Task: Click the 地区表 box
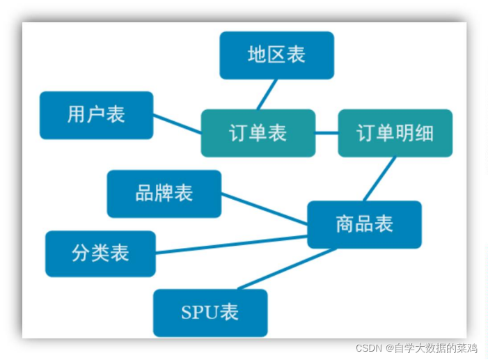pyautogui.click(x=276, y=55)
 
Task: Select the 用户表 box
pyautogui.click(x=96, y=115)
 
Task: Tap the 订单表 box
pyautogui.click(x=258, y=133)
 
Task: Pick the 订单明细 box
pyautogui.click(x=395, y=133)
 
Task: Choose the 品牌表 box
pyautogui.click(x=164, y=194)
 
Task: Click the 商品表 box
pyautogui.click(x=364, y=224)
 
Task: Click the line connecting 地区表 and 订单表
pyautogui.click(x=267, y=94)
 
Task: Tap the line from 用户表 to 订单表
pyautogui.click(x=177, y=124)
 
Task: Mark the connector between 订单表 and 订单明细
pyautogui.click(x=326, y=132)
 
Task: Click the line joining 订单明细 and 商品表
pyautogui.click(x=379, y=179)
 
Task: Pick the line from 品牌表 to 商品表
pyautogui.click(x=265, y=210)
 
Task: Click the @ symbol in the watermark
pyautogui.click(x=391, y=347)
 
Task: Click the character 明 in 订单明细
pyautogui.click(x=405, y=133)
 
